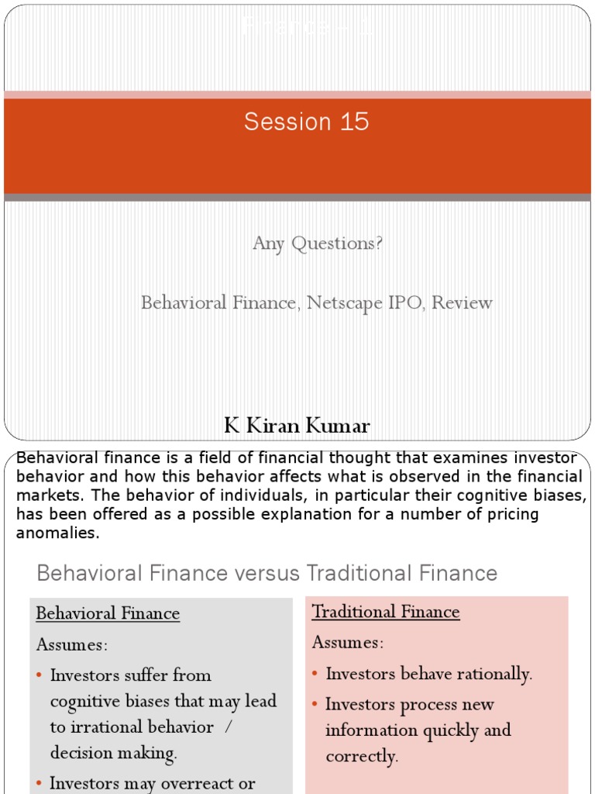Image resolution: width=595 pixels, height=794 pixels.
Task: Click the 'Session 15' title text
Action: pos(306,122)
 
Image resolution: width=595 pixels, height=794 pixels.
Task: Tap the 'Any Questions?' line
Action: pos(318,243)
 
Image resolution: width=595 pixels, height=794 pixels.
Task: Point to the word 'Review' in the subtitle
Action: pos(462,302)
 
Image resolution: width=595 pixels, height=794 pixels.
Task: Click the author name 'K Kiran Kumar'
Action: pos(297,426)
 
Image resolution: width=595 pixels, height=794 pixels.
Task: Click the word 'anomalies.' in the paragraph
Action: pos(58,533)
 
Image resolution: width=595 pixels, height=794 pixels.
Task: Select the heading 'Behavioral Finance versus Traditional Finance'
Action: pos(267,574)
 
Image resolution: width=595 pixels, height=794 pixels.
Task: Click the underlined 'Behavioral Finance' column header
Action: pos(108,614)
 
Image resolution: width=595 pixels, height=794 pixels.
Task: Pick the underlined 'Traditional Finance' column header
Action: pos(386,612)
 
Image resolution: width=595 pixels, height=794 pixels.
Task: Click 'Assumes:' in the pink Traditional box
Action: pos(348,643)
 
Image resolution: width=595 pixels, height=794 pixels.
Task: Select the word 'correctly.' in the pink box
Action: pos(362,757)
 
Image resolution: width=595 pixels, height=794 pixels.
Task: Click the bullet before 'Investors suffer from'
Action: pos(40,676)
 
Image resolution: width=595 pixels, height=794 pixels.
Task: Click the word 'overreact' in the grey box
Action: pos(218,783)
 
